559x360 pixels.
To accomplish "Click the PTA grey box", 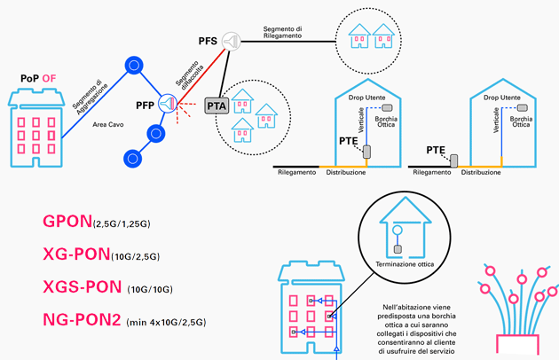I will coord(217,106).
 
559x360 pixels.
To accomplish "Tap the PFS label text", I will coord(207,42).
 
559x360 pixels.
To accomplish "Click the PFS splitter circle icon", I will coord(231,41).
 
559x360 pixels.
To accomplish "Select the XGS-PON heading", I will coord(82,287).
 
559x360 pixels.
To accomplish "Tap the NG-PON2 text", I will coord(83,319).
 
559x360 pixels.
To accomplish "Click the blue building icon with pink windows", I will coord(311,310).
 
